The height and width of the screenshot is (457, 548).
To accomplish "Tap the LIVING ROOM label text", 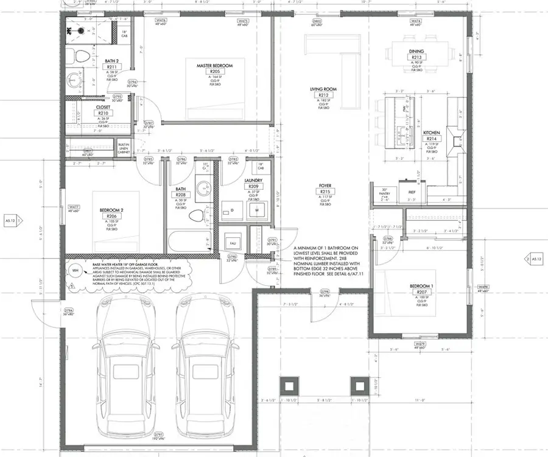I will pyautogui.click(x=323, y=89).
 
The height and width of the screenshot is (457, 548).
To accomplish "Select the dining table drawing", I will pyautogui.click(x=417, y=49).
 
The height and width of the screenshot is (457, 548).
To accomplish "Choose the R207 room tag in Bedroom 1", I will pyautogui.click(x=420, y=293).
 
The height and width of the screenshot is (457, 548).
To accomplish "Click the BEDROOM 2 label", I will pyautogui.click(x=111, y=211).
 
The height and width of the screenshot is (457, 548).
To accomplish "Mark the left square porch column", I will pyautogui.click(x=287, y=385).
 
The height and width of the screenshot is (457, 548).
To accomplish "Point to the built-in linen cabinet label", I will pyautogui.click(x=124, y=147).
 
